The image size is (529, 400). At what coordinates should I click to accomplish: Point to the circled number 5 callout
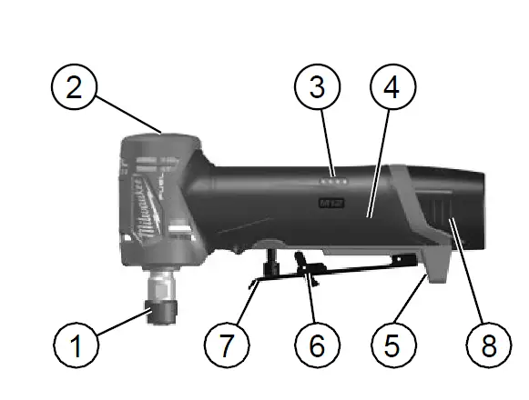click(392, 347)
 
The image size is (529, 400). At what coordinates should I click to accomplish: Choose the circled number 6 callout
click(317, 347)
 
